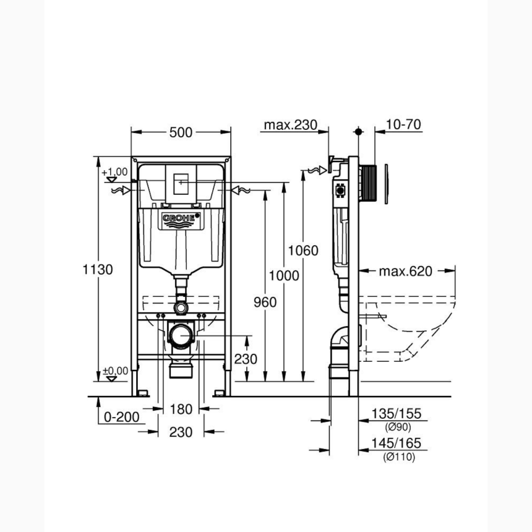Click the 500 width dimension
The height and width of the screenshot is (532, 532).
181,132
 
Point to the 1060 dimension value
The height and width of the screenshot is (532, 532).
303,251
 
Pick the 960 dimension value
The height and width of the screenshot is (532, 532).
264,301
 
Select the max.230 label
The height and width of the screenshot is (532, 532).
291,125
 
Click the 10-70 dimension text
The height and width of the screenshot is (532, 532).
403,125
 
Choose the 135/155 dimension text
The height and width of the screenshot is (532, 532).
397,414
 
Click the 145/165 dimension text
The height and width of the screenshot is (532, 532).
397,444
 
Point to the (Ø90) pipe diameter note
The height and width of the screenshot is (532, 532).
397,427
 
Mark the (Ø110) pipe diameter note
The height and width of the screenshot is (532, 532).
398,457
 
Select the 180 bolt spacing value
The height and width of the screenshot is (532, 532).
181,409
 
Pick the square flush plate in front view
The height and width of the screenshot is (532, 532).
181,183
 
